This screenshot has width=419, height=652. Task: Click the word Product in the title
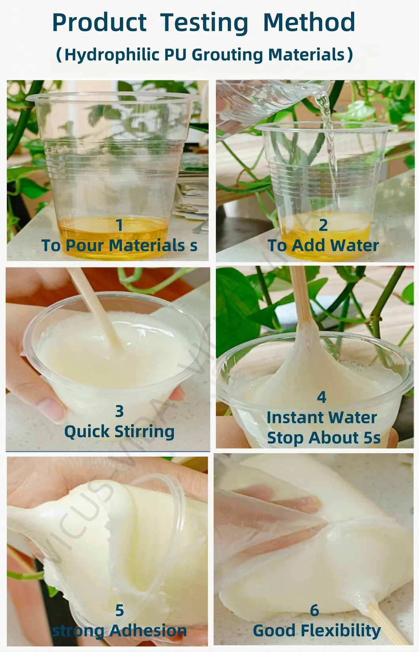[x=99, y=23]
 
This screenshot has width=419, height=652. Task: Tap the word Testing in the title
[x=204, y=24]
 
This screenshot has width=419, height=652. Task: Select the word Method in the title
[x=309, y=23]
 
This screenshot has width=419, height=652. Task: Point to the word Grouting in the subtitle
[x=227, y=55]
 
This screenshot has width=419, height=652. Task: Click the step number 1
[x=119, y=225]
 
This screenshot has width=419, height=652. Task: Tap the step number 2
[x=323, y=225]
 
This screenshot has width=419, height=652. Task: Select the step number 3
[x=119, y=411]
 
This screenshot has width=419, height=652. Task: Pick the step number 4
[x=321, y=397]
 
